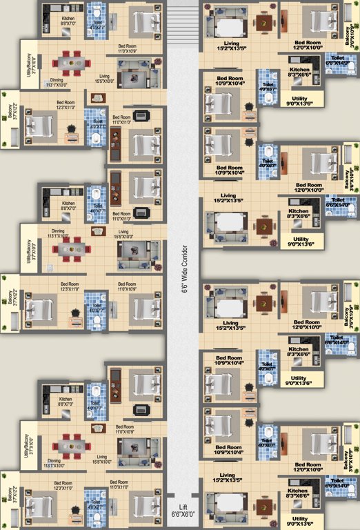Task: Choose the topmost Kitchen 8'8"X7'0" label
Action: coord(68,21)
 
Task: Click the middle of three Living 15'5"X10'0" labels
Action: coord(123,234)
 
